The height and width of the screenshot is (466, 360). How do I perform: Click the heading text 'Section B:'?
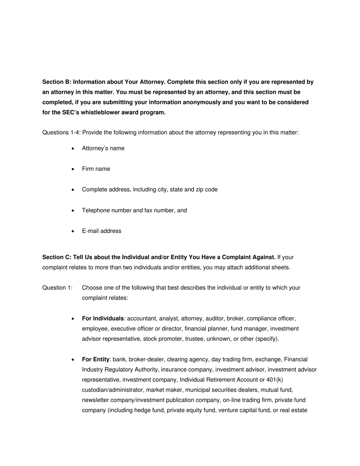56,82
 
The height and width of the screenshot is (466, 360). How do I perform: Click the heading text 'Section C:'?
56,257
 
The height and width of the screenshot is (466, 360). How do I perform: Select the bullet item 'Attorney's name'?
103,148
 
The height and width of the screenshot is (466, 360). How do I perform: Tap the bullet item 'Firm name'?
96,169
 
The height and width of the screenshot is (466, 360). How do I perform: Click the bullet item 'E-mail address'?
102,231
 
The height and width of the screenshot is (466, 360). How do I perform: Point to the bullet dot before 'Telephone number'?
73,211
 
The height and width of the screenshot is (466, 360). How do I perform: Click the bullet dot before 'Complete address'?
73,190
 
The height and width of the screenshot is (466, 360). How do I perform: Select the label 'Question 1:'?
57,288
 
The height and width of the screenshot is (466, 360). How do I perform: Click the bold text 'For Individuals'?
103,318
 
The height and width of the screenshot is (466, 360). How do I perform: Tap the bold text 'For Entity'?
95,359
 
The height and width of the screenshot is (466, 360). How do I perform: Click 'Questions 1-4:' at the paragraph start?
61,133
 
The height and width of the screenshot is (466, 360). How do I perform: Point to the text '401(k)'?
274,380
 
